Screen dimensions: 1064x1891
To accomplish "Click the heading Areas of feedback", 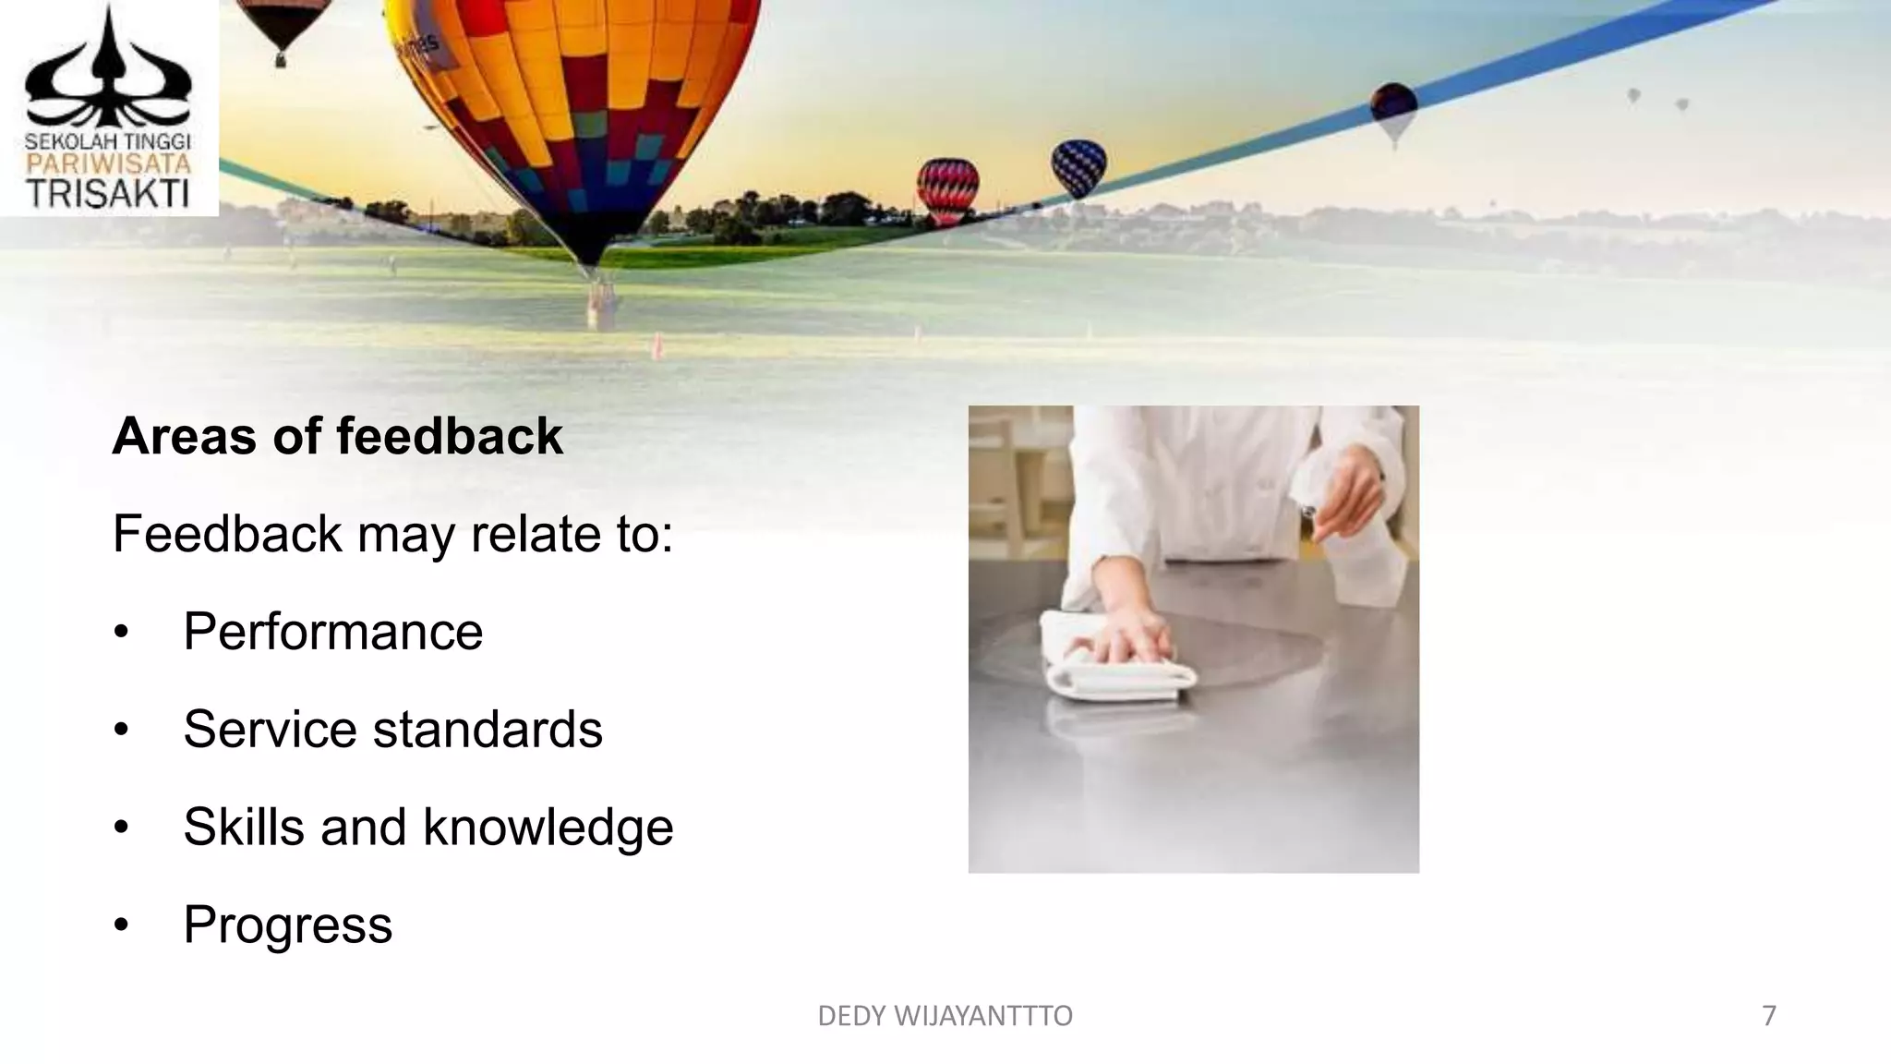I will pyautogui.click(x=337, y=436).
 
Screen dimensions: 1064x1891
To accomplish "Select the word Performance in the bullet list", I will pyautogui.click(x=332, y=632).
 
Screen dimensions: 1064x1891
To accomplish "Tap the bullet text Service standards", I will pyautogui.click(x=392, y=730).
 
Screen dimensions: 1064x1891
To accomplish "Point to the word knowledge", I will pyautogui.click(x=548, y=827).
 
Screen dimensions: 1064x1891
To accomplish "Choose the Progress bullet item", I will pyautogui.click(x=287, y=925).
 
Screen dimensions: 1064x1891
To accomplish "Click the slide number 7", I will pyautogui.click(x=1769, y=1016).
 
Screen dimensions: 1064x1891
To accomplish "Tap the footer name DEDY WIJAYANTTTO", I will pyautogui.click(x=945, y=1016).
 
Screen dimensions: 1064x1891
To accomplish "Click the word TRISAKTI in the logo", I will pyautogui.click(x=108, y=194).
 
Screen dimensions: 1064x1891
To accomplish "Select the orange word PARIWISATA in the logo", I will pyautogui.click(x=108, y=164).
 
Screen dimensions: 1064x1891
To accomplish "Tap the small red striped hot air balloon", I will pyautogui.click(x=947, y=188).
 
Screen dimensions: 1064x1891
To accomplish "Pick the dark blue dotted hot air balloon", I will pyautogui.click(x=1078, y=166).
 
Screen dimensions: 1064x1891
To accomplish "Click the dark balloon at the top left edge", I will pyautogui.click(x=282, y=26).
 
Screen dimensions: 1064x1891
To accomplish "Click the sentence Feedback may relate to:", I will pyautogui.click(x=392, y=534).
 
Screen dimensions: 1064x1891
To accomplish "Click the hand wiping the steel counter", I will pyautogui.click(x=1131, y=637).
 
